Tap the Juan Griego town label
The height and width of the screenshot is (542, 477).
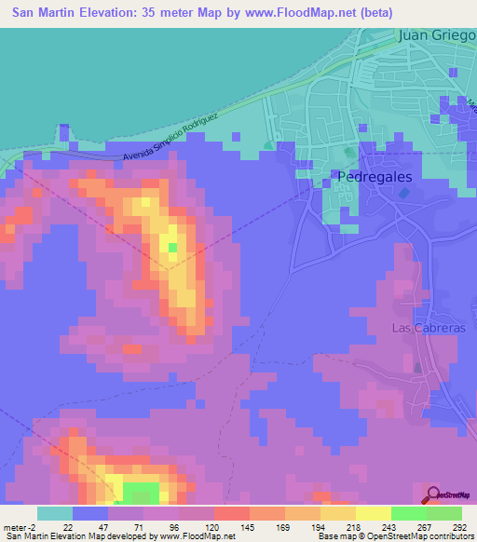pos(436,36)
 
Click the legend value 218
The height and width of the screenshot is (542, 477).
pos(355,526)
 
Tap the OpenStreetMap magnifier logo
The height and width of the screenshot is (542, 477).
pos(433,495)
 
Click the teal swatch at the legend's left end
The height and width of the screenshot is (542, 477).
pos(55,513)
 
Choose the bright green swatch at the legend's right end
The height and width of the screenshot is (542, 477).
pos(443,513)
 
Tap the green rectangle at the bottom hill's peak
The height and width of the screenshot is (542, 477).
pos(141,493)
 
